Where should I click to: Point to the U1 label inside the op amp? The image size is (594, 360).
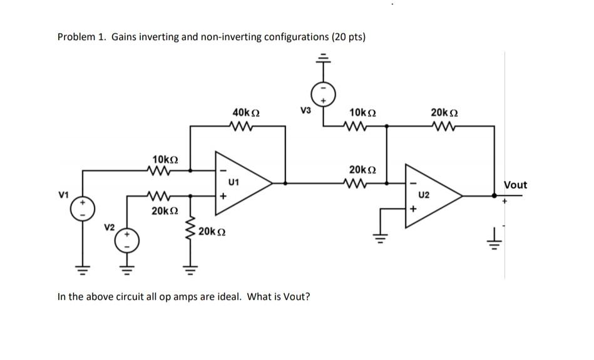(x=234, y=183)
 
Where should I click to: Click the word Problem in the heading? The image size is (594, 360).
(x=76, y=37)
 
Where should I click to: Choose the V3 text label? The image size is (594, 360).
(x=305, y=111)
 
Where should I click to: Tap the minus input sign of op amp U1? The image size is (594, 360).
(x=221, y=170)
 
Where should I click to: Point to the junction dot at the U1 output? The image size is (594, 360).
(x=286, y=183)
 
